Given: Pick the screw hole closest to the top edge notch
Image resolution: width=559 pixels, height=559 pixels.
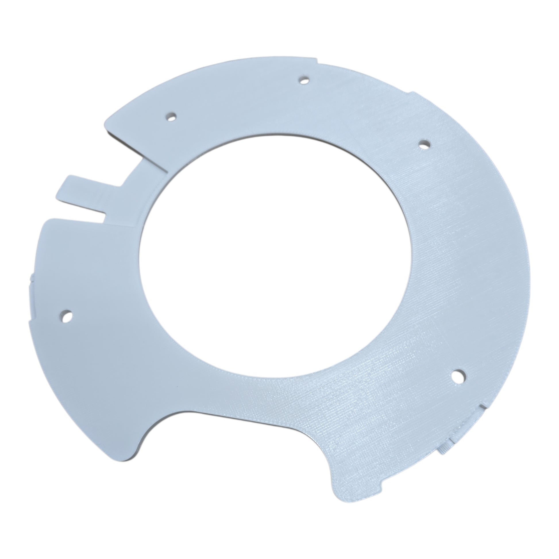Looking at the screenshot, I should click(x=303, y=80).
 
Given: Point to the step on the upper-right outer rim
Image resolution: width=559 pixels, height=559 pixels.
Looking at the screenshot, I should click(x=412, y=93).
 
